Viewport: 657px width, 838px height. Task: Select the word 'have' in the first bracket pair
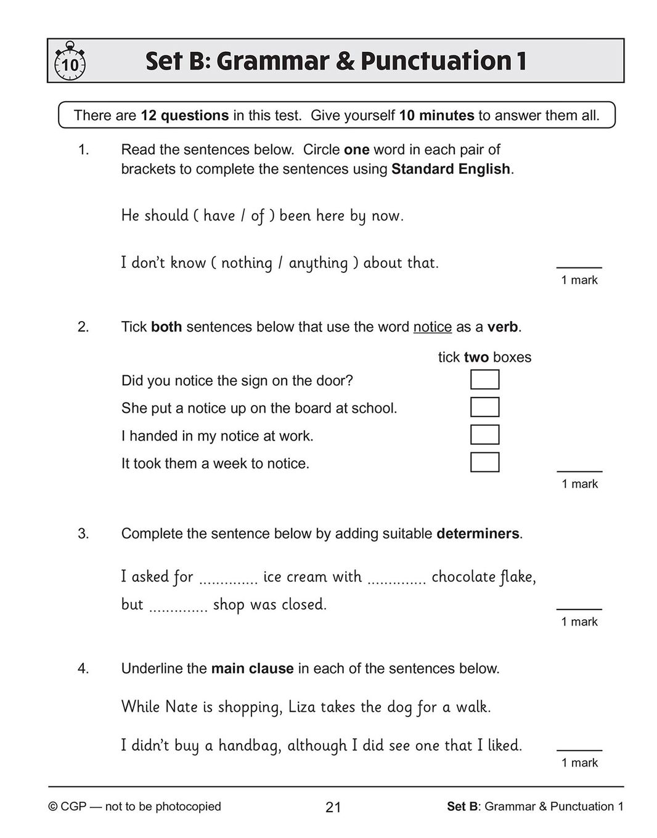219,216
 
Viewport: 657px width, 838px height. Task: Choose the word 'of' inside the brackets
258,216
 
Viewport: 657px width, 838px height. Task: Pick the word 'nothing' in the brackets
247,263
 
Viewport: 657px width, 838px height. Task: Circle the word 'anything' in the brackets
318,263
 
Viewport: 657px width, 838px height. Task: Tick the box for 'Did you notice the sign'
484,380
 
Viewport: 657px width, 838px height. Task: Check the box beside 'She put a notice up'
484,407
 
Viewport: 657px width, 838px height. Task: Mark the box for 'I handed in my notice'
484,435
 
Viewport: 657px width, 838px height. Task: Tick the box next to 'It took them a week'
484,462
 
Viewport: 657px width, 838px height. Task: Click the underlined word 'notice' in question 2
432,327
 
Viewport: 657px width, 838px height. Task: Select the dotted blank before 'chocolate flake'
396,580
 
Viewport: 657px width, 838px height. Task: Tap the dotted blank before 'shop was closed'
179,608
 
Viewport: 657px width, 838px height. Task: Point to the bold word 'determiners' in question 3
478,534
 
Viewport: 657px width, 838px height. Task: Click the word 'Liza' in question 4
302,707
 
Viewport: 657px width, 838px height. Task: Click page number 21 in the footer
333,807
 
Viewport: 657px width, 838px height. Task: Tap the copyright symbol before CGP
53,807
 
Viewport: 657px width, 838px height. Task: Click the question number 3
83,534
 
